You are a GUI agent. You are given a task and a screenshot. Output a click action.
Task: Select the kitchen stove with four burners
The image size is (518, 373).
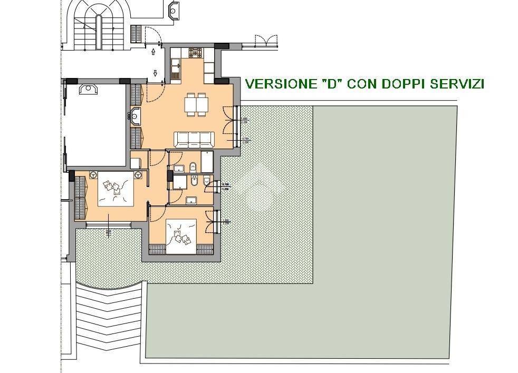196,53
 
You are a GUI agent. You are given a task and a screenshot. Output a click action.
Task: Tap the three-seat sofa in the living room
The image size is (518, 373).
195,139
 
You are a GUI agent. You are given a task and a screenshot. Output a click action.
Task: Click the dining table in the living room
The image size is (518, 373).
196,105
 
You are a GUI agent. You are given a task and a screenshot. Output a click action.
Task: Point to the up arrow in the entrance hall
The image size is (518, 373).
154,52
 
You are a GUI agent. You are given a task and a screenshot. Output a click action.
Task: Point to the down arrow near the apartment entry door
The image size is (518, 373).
156,73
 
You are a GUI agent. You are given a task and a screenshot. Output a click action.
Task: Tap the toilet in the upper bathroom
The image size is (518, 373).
193,167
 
